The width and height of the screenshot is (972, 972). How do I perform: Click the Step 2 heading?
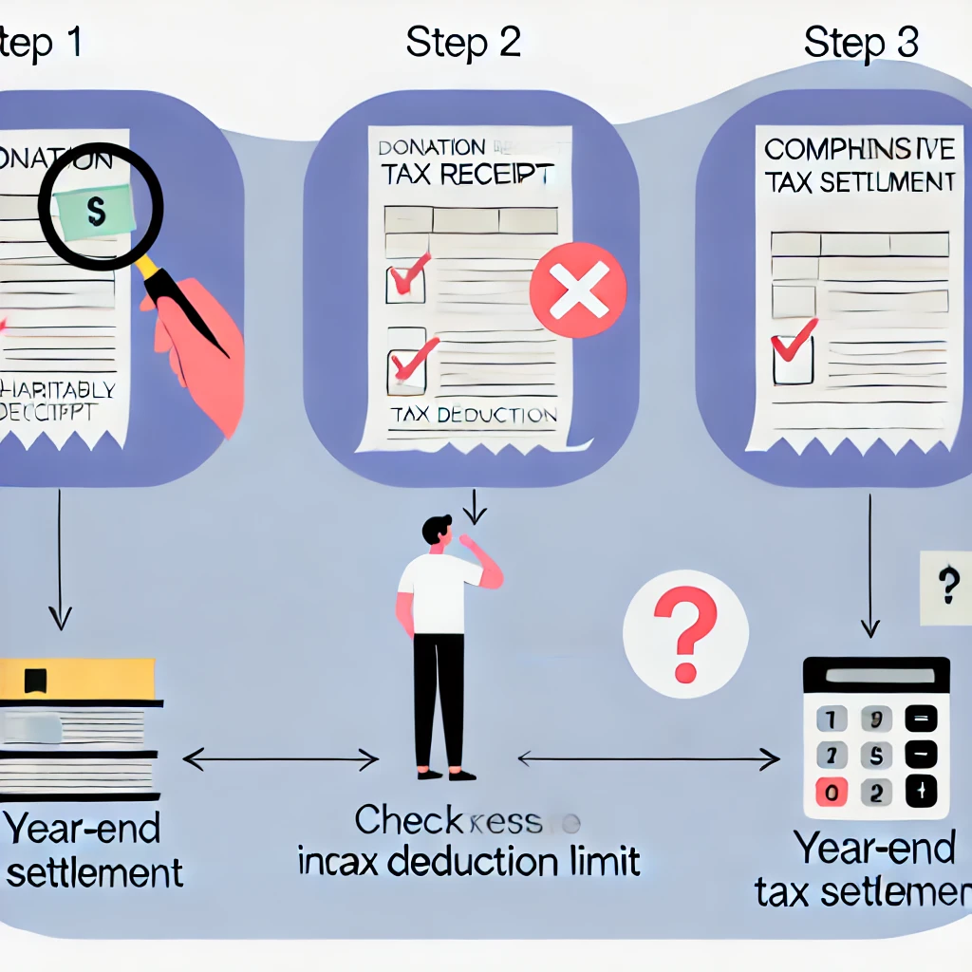coord(463,42)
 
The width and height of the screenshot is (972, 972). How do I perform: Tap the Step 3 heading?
coord(861,42)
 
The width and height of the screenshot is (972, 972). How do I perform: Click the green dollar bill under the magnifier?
coord(95,211)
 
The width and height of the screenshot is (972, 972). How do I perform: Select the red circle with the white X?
coord(577,290)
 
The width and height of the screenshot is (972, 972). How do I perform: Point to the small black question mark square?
coord(946,589)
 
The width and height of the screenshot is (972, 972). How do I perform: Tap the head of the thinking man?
coord(438,531)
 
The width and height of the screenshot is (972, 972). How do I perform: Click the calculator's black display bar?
coord(875,675)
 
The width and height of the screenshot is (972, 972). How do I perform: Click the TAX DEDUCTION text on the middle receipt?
coord(473,415)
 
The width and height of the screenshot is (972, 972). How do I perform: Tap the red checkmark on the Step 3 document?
coord(794,342)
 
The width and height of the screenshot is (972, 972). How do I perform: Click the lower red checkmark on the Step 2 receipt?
coord(411,359)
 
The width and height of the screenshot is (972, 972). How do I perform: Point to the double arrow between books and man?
coord(280,758)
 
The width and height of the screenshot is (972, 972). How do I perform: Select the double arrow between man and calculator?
coord(647,757)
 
